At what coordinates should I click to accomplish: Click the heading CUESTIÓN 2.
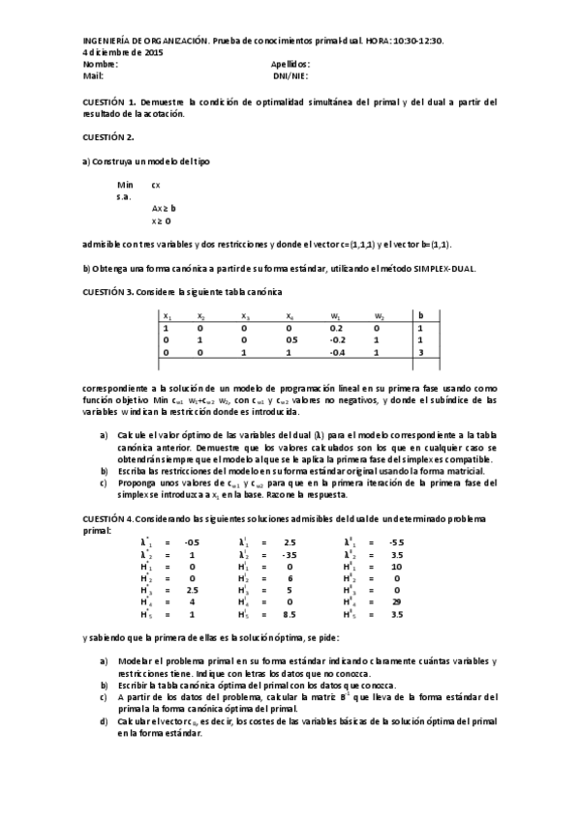click(108, 136)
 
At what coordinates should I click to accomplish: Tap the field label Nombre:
click(101, 64)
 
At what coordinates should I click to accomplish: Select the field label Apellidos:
click(290, 64)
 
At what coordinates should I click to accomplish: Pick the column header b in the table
click(420, 315)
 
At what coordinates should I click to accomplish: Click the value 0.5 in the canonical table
click(290, 340)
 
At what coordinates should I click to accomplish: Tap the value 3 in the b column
click(420, 353)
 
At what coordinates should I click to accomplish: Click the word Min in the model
click(125, 184)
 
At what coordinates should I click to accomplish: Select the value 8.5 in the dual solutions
click(289, 614)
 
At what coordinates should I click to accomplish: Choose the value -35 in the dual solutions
click(289, 555)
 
